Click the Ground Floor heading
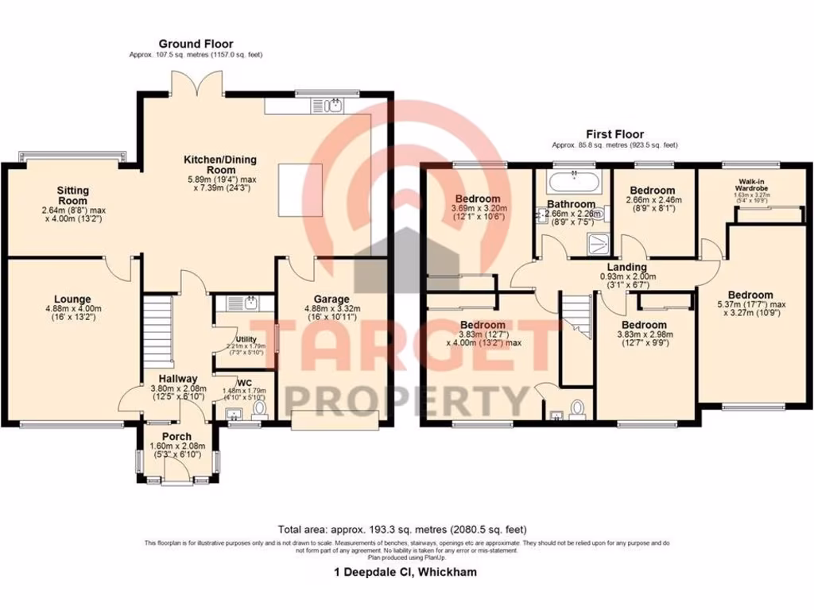click(196, 44)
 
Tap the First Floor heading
click(614, 134)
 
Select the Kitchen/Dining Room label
click(211, 164)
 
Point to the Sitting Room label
click(72, 195)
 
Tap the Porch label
click(176, 437)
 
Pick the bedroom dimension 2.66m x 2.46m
click(652, 203)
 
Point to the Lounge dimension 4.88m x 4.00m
click(72, 311)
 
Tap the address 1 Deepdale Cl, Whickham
click(405, 572)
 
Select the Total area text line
click(401, 529)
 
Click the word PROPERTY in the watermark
click(406, 396)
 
